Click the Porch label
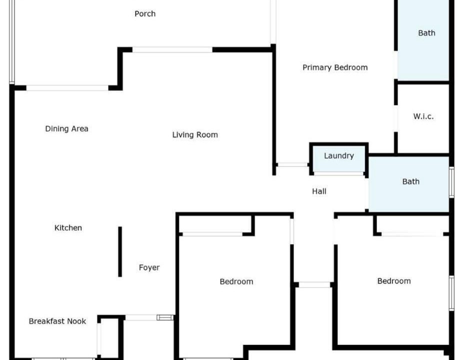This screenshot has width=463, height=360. coord(145,14)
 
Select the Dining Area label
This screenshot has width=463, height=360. coord(66,129)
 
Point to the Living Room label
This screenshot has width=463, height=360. coord(195,134)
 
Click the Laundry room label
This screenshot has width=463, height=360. coord(339,156)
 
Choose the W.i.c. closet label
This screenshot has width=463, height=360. coord(423,116)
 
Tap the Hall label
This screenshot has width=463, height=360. coord(319,191)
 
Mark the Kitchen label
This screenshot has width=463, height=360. coord(68,227)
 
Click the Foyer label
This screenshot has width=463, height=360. coord(149,267)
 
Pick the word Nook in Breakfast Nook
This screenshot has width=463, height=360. coord(77,321)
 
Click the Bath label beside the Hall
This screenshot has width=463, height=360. coord(410,181)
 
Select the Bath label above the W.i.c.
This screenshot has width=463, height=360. coord(426,33)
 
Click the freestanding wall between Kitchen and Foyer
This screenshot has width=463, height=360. coord(120,251)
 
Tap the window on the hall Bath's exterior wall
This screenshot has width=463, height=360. coord(451,182)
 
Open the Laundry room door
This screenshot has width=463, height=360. coord(338,173)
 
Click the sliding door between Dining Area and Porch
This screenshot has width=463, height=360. coord(67,87)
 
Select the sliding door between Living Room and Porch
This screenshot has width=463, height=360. coord(172,49)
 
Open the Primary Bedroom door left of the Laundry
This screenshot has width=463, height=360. coord(292,165)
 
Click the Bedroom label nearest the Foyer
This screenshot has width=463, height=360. coord(236,281)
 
